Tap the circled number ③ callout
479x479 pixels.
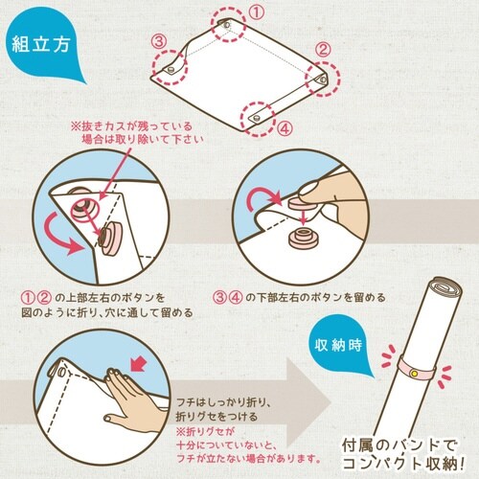tap(161, 40)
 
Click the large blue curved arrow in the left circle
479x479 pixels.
tap(70, 235)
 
